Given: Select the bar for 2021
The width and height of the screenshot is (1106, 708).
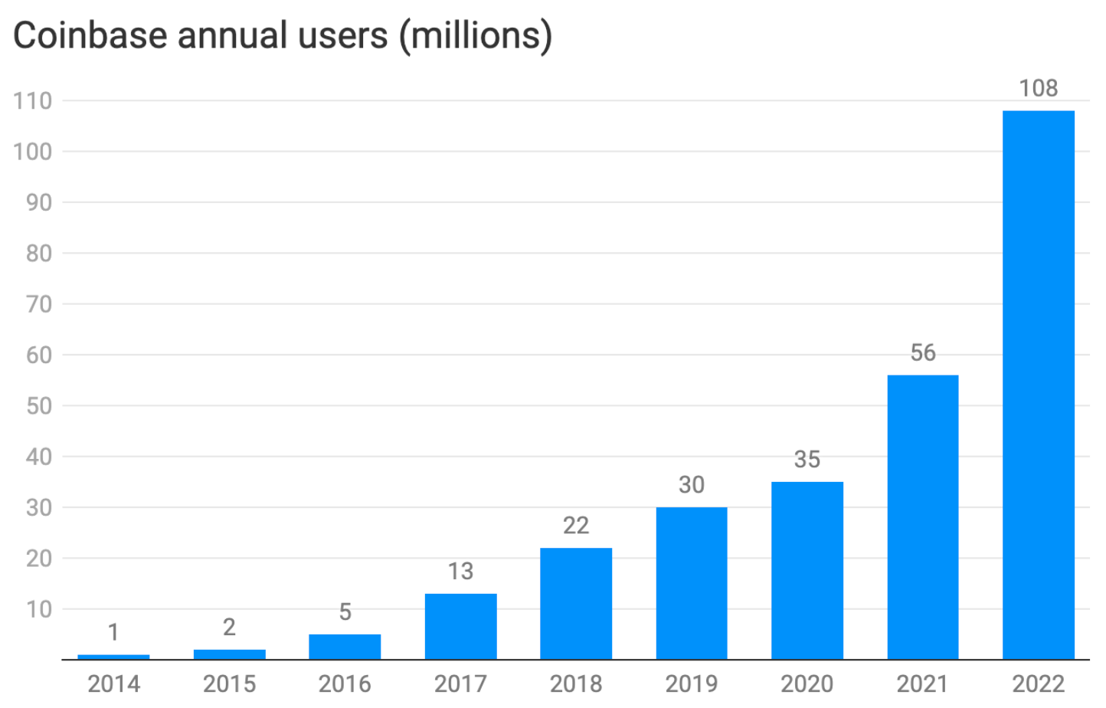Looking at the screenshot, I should tap(922, 517).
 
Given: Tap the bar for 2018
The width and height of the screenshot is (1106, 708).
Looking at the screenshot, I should tap(576, 604).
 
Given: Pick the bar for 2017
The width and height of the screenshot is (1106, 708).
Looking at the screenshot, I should tap(460, 626).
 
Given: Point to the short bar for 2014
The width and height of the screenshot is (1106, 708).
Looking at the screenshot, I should tap(113, 657).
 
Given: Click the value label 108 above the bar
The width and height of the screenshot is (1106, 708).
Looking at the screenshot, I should tap(1038, 88).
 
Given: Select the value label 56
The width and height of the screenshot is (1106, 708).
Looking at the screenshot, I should tap(922, 352).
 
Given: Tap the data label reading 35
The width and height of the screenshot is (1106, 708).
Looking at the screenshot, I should tap(807, 459).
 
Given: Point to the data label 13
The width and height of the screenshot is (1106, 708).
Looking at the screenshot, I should tap(460, 571).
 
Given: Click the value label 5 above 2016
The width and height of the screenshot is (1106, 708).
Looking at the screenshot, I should tap(345, 611).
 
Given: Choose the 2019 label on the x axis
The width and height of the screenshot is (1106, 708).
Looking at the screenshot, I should tap(691, 683).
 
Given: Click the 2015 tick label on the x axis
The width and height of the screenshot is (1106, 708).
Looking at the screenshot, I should tap(229, 683).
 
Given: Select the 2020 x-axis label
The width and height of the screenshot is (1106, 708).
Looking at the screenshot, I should tap(807, 683).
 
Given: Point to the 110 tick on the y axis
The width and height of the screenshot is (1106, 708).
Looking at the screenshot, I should tap(32, 100).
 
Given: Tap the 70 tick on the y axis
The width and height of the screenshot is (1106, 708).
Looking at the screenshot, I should tap(38, 304).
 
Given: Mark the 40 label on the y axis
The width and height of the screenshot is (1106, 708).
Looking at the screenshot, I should tap(38, 457).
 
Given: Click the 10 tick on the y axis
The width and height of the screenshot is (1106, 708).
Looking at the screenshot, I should tap(38, 609).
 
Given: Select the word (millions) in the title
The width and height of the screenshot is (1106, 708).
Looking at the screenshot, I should tap(475, 35).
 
